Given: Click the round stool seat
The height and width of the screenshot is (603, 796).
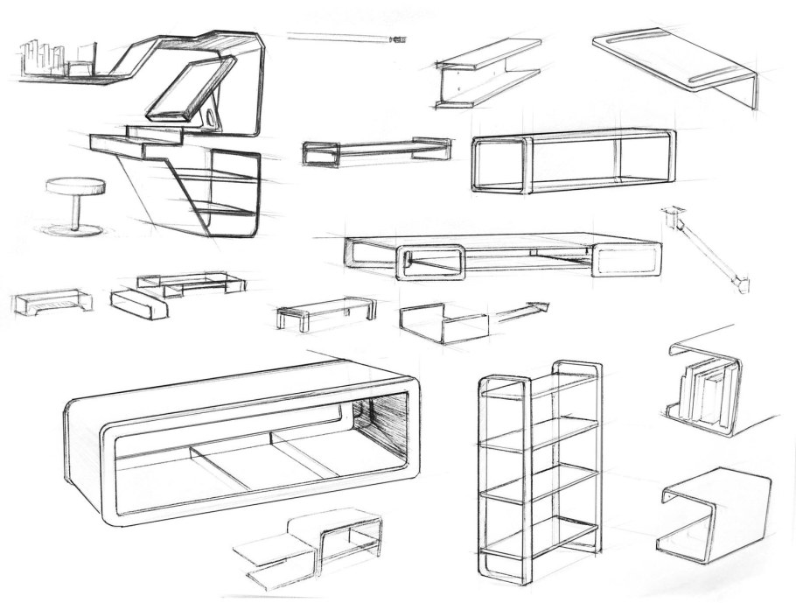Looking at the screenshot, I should click(74, 186).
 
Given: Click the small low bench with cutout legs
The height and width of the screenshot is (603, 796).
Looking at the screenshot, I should click(52, 302).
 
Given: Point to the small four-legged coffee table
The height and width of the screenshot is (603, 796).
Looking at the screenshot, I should click(325, 310).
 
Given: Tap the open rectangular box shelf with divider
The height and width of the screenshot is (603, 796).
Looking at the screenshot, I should click(573, 162).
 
